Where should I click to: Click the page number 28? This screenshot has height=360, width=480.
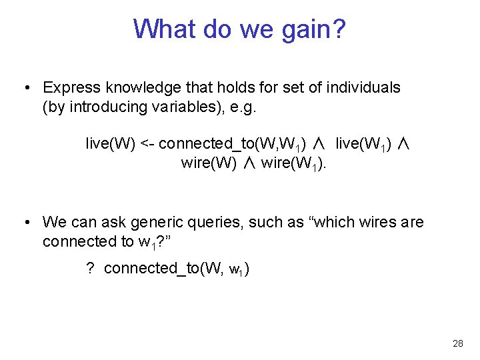tap(457, 343)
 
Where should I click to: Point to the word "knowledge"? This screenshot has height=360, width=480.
tap(135, 87)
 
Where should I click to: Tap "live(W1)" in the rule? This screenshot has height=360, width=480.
tap(363, 143)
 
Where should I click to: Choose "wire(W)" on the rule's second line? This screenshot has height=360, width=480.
tap(209, 163)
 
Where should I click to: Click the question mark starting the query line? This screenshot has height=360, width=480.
tap(90, 268)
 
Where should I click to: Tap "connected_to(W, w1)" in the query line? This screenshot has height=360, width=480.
tap(177, 268)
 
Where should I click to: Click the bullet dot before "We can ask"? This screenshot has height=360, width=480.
tap(25, 222)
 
